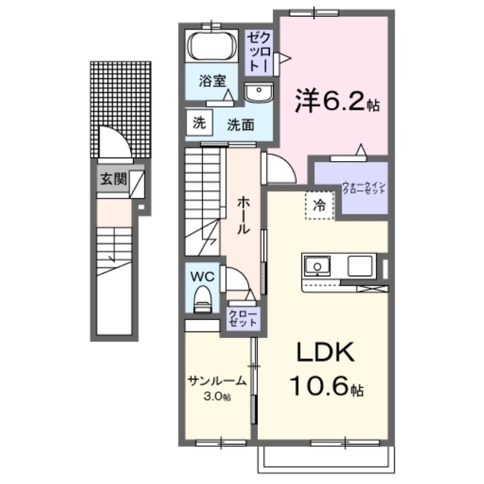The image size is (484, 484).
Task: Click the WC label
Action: click(203, 277)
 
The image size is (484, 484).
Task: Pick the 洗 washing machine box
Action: click(197, 123)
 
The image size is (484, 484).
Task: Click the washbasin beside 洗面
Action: click(259, 93)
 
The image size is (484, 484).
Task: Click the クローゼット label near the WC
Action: click(242, 318)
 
